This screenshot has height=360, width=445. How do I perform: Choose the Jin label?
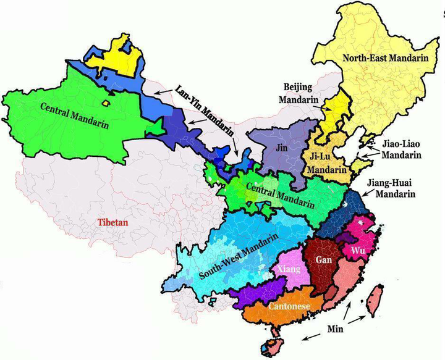[x=282, y=148]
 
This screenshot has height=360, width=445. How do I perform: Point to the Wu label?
[x=358, y=251]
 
